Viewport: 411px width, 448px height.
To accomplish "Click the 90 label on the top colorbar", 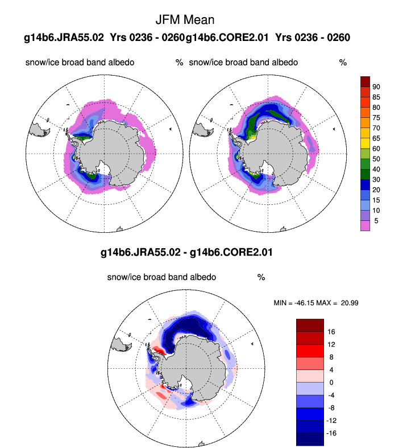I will pos(376,87).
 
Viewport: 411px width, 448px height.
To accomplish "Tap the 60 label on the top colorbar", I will pos(376,149).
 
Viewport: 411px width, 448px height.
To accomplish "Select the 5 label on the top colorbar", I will pos(376,220).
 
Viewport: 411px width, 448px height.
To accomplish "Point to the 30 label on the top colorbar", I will pos(376,179).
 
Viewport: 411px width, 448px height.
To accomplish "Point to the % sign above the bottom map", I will pos(261,278).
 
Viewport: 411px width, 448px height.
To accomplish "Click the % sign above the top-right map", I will pos(343,63).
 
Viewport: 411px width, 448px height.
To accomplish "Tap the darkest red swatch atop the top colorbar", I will pos(366,81).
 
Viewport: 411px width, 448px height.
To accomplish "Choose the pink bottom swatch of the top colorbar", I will pos(366,225).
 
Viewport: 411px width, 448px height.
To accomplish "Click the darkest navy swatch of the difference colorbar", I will pos(310,439).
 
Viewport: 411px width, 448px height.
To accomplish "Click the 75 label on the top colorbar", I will pos(376,117).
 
